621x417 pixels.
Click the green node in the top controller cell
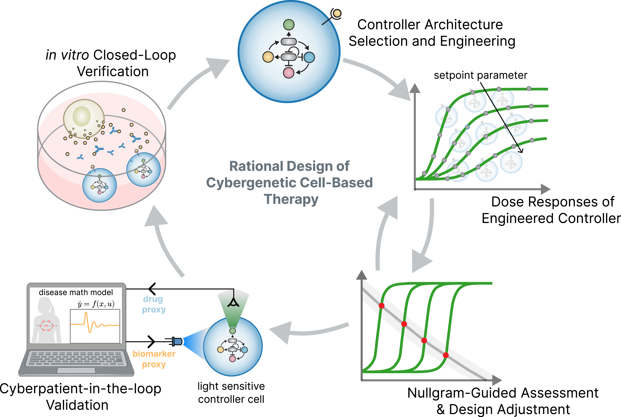tap(289, 25)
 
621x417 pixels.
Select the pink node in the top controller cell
tap(288, 73)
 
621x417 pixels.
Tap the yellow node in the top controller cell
tap(268, 57)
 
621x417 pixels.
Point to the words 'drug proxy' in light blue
tap(153, 304)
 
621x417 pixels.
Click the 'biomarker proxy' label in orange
tap(154, 359)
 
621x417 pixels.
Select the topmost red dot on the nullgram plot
tap(382, 306)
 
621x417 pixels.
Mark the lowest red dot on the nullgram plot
tap(446, 355)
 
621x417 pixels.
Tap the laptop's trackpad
tap(76, 371)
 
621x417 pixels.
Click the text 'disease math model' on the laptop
tap(76, 292)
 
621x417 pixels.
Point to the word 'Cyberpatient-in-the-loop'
tap(80, 389)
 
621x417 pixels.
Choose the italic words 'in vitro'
tap(67, 55)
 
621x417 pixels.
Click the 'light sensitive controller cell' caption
tap(231, 393)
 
